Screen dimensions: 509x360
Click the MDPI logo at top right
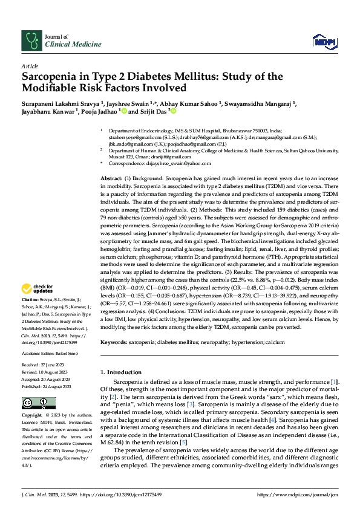(x=323, y=41)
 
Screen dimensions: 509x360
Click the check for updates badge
(x=39, y=290)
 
